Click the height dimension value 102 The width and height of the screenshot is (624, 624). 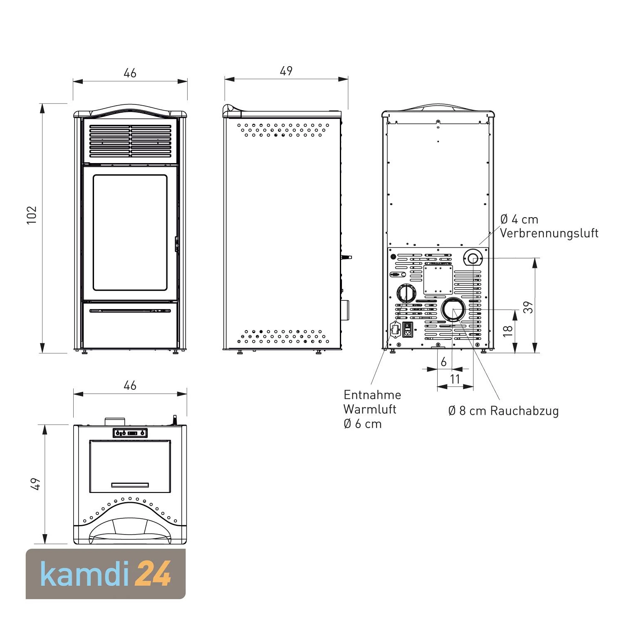(x=32, y=215)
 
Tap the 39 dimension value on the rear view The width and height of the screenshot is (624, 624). (x=527, y=307)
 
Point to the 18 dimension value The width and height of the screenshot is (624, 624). (x=508, y=331)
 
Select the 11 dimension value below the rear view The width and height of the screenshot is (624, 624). (x=455, y=379)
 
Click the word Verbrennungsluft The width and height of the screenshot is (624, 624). (x=549, y=233)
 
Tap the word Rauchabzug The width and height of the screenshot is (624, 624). (x=525, y=411)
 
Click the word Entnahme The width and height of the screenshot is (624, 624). (x=372, y=395)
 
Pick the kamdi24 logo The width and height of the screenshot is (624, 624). (x=106, y=574)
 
